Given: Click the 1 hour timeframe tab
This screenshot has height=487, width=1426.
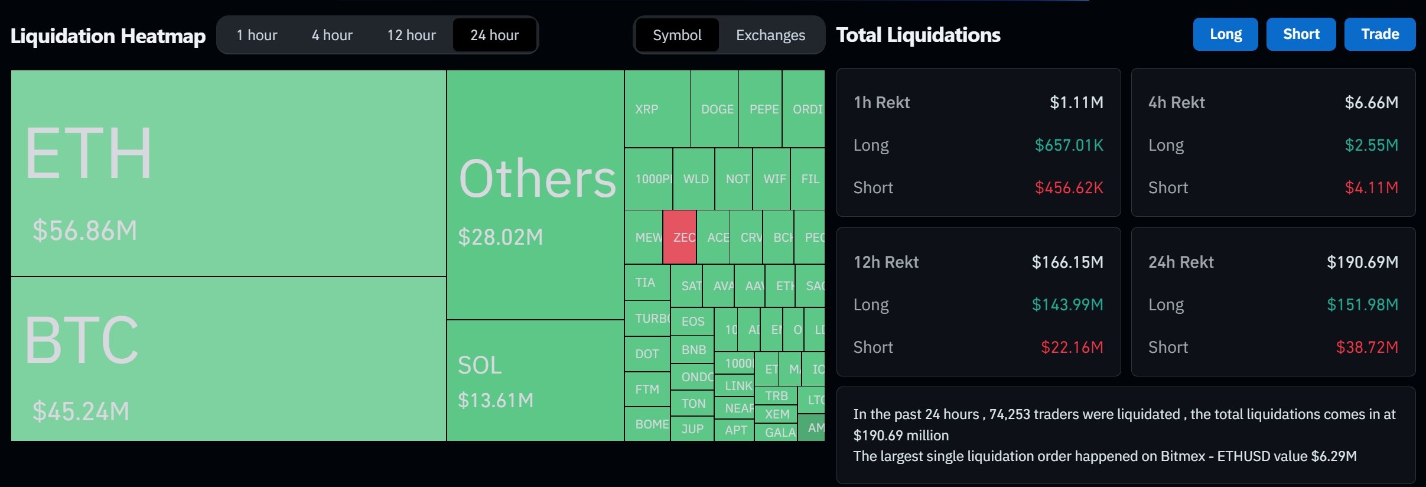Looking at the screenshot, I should point(256,35).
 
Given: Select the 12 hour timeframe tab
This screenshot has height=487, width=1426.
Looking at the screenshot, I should point(411,35).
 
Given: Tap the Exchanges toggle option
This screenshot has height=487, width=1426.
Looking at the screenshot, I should point(770,35).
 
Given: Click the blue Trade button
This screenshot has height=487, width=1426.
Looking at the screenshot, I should point(1380,34).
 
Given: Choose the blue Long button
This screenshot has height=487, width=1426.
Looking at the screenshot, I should point(1226,34).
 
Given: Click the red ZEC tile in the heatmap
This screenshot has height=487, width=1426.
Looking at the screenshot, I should point(680,237).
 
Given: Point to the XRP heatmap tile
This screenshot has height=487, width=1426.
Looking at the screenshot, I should point(657,109).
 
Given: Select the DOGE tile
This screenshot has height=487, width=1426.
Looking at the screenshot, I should point(715,109).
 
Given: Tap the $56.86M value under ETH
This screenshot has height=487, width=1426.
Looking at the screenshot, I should point(85,230).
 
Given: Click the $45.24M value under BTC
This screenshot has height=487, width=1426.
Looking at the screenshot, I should point(81,411).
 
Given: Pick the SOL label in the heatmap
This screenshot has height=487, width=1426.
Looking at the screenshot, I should point(480,365).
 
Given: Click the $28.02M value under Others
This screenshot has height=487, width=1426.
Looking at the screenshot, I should point(500,237).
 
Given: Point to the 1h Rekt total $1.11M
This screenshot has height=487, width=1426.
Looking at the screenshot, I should point(1076,103).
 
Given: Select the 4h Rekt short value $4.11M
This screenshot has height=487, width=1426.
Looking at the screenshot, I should point(1371,188).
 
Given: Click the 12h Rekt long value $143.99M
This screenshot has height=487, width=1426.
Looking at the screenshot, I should point(1067,305).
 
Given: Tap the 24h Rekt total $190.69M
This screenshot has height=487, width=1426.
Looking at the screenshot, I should point(1362,262).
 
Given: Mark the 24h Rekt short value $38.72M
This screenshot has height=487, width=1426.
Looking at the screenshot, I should point(1367,348).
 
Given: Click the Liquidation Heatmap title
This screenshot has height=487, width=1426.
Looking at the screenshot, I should point(108,36).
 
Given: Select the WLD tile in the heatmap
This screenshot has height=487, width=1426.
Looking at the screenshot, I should point(695,179).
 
